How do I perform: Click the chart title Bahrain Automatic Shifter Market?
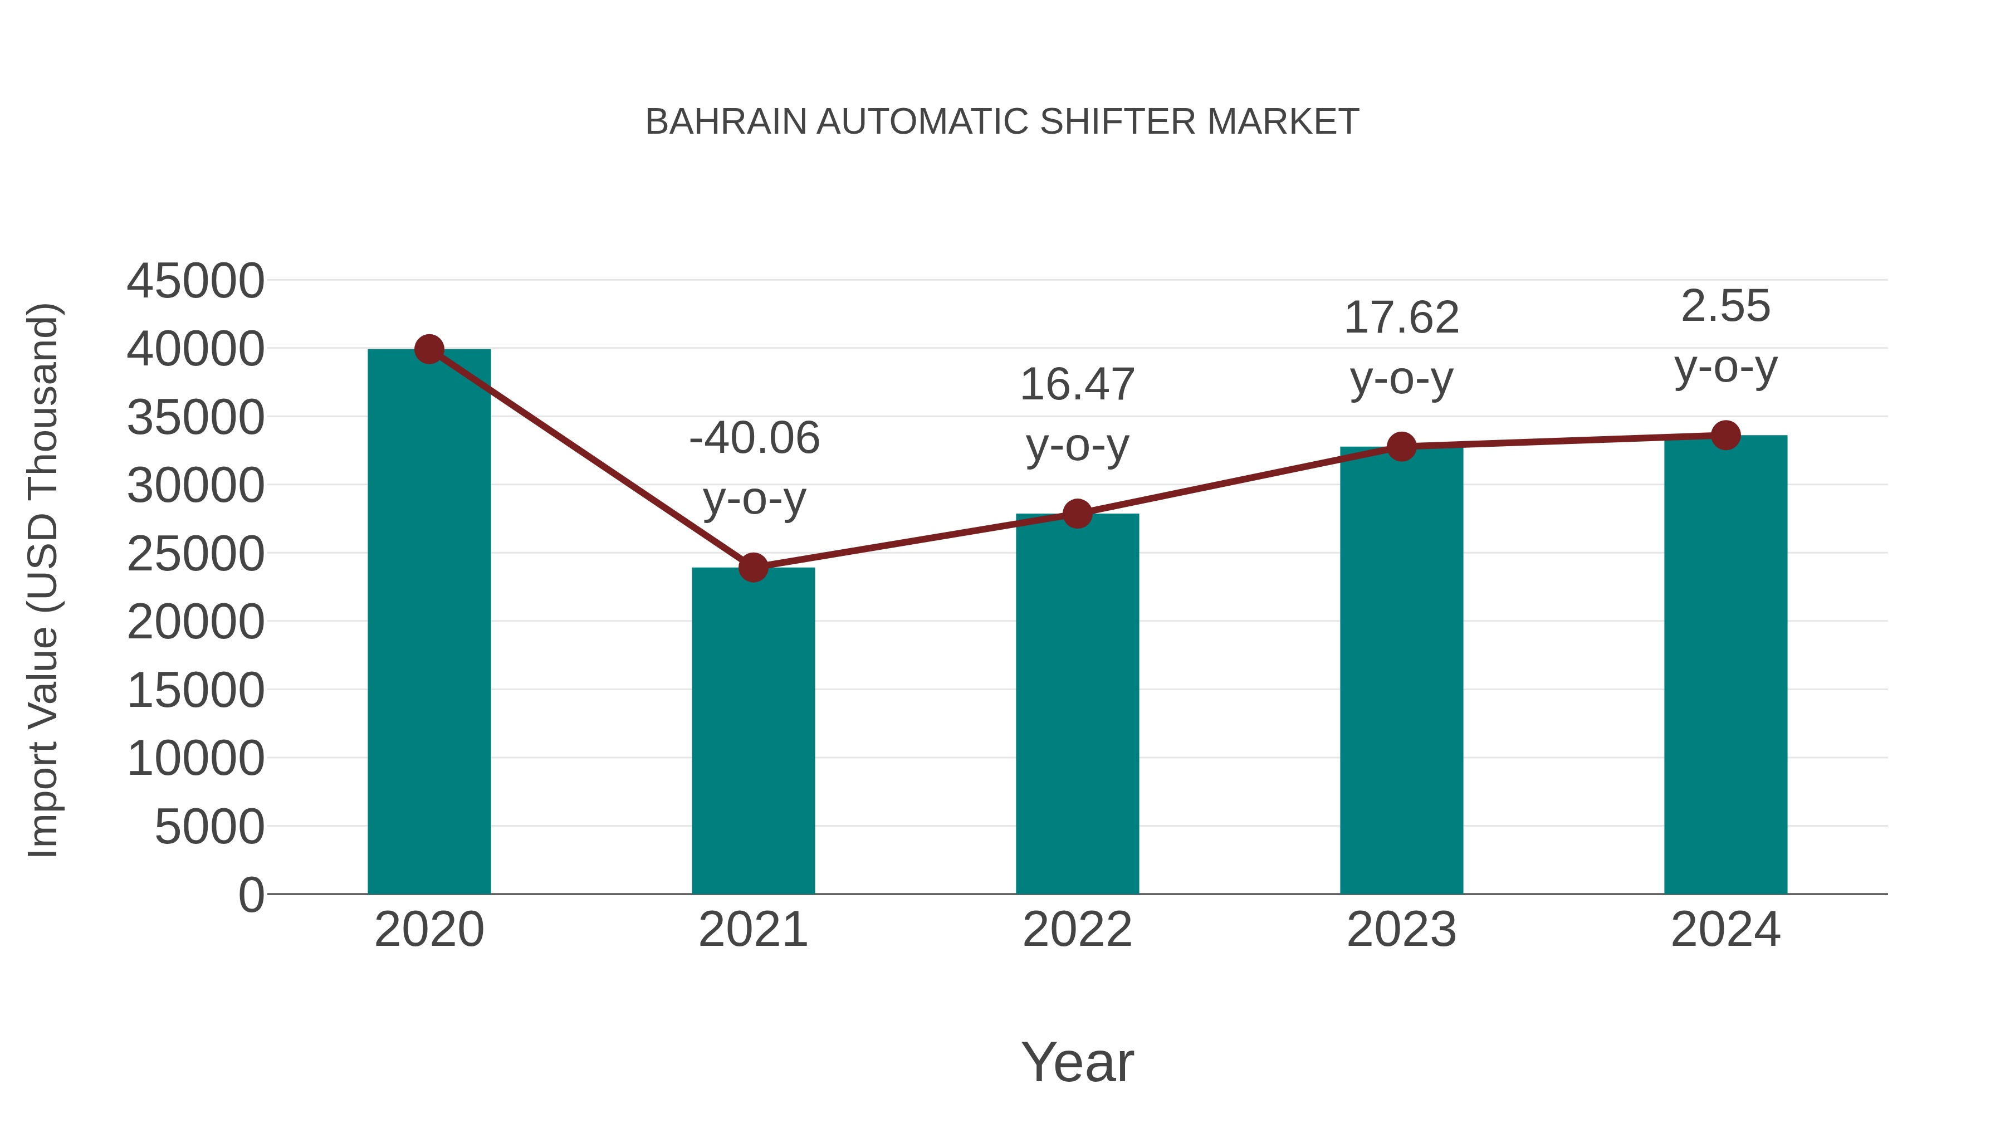(x=1002, y=122)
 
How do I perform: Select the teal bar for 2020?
(x=429, y=623)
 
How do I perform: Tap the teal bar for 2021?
(x=752, y=732)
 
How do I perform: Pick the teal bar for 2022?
(x=1077, y=705)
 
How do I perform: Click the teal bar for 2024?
(x=1725, y=666)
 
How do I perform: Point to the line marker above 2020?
(x=429, y=349)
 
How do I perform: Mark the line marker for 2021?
(x=752, y=568)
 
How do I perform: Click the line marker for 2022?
(x=1077, y=514)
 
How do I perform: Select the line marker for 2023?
(x=1401, y=447)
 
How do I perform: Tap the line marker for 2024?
(x=1725, y=435)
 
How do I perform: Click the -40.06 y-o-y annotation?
(x=754, y=467)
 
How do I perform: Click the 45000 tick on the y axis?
(x=195, y=281)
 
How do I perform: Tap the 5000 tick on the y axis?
(x=209, y=827)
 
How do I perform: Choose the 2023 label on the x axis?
(x=1401, y=930)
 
